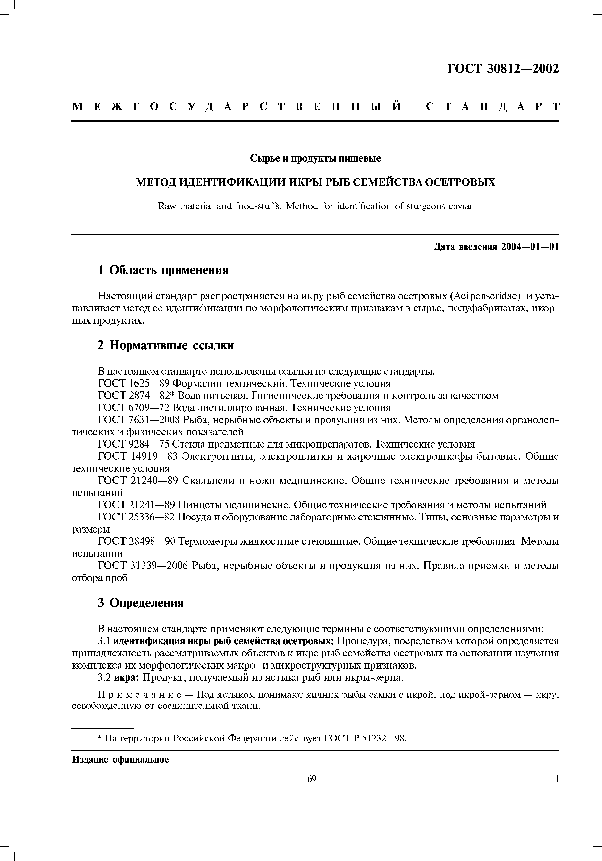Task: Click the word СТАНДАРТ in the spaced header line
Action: click(x=492, y=107)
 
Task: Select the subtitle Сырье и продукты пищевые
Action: click(x=315, y=159)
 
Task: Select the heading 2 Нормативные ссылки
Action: click(x=166, y=345)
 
